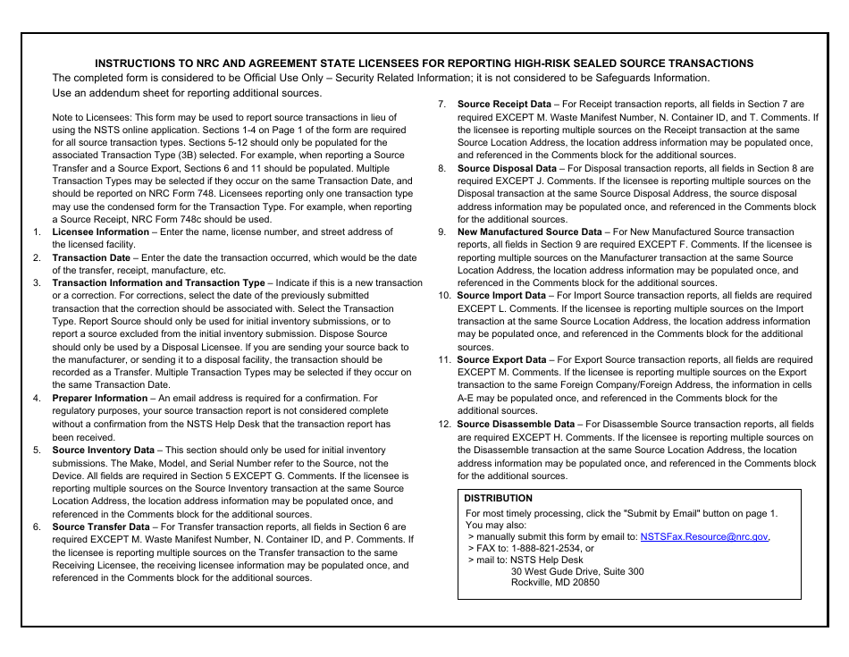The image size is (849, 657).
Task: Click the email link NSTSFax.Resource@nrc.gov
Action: click(704, 537)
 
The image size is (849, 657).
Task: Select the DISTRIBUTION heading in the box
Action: click(498, 499)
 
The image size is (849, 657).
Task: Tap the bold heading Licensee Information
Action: click(100, 232)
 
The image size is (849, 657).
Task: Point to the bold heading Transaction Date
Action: click(90, 257)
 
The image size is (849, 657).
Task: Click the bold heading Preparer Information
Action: click(99, 399)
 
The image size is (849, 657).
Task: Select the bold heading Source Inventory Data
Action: click(103, 451)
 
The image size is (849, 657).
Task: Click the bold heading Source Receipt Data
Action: click(504, 105)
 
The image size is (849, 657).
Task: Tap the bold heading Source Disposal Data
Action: click(507, 168)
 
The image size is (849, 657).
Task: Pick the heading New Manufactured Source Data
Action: click(529, 232)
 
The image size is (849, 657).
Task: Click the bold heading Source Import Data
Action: click(501, 296)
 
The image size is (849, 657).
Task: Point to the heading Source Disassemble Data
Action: click(516, 425)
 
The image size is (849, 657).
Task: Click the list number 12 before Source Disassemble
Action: click(444, 425)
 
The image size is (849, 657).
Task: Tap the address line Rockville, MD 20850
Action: click(555, 582)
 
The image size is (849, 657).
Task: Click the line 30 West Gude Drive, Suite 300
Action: click(576, 571)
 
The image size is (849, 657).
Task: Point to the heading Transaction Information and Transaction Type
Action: click(158, 282)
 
